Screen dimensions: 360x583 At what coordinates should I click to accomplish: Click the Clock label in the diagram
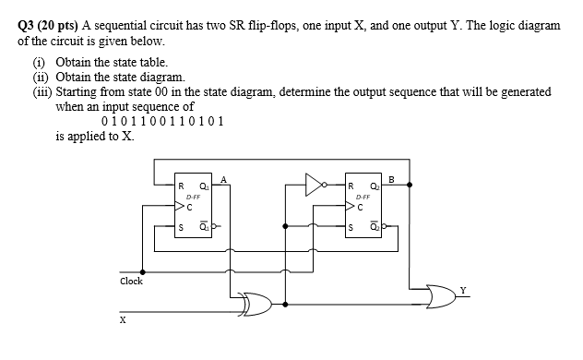pos(131,281)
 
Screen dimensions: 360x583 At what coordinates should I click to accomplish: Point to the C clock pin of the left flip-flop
pos(184,208)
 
